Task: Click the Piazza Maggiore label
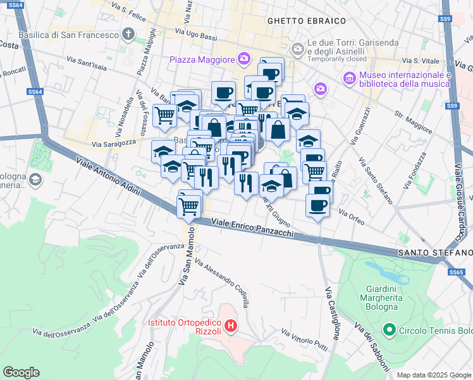tap(202, 60)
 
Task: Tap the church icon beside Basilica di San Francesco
tap(128, 35)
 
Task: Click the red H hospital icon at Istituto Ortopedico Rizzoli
tap(231, 327)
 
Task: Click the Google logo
tap(21, 372)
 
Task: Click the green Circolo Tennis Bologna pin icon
tap(390, 330)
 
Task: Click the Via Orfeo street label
tap(352, 215)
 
